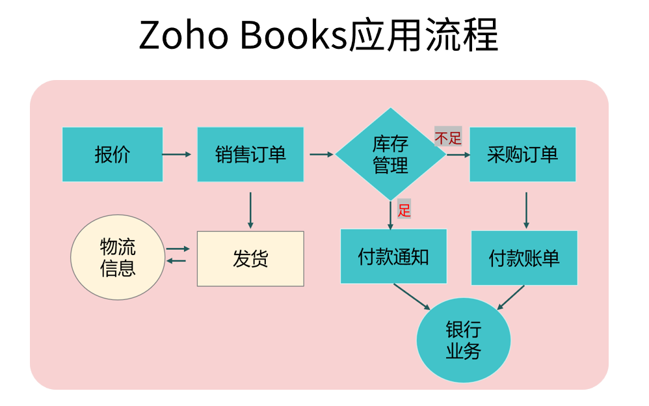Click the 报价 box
pyautogui.click(x=113, y=154)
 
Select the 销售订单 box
pyautogui.click(x=250, y=154)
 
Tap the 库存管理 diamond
pyautogui.click(x=390, y=154)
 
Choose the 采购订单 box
pyautogui.click(x=522, y=154)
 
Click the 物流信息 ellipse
pyautogui.click(x=118, y=257)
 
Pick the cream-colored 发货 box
pyautogui.click(x=250, y=258)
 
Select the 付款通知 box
pyautogui.click(x=393, y=256)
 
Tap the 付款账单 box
pyautogui.click(x=524, y=258)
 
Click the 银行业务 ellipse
pyautogui.click(x=463, y=340)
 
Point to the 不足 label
pyautogui.click(x=448, y=138)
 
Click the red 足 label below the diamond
pyautogui.click(x=404, y=210)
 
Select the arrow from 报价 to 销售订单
pyautogui.click(x=176, y=154)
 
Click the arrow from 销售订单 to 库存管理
pyautogui.click(x=321, y=154)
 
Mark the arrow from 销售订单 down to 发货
pyautogui.click(x=250, y=210)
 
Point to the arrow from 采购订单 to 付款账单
pyautogui.click(x=526, y=210)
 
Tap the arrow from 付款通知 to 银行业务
pyautogui.click(x=412, y=297)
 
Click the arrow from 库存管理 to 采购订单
pyautogui.click(x=458, y=155)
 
